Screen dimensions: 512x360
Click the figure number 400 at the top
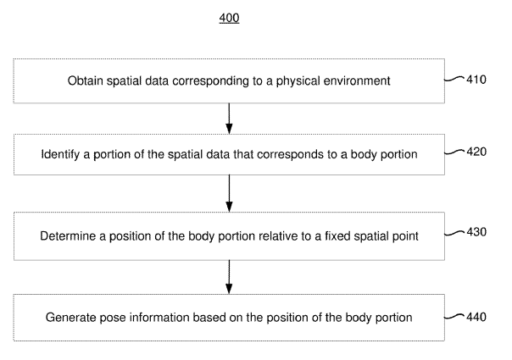click(229, 18)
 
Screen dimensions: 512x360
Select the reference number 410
click(476, 80)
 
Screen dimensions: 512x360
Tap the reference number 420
click(476, 152)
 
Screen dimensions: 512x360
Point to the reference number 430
click(476, 232)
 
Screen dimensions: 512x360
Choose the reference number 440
click(476, 317)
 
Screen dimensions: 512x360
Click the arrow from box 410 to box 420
click(229, 119)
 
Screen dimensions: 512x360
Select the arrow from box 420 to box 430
click(229, 193)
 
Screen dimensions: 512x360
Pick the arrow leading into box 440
click(229, 277)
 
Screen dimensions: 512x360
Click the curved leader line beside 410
click(454, 79)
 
